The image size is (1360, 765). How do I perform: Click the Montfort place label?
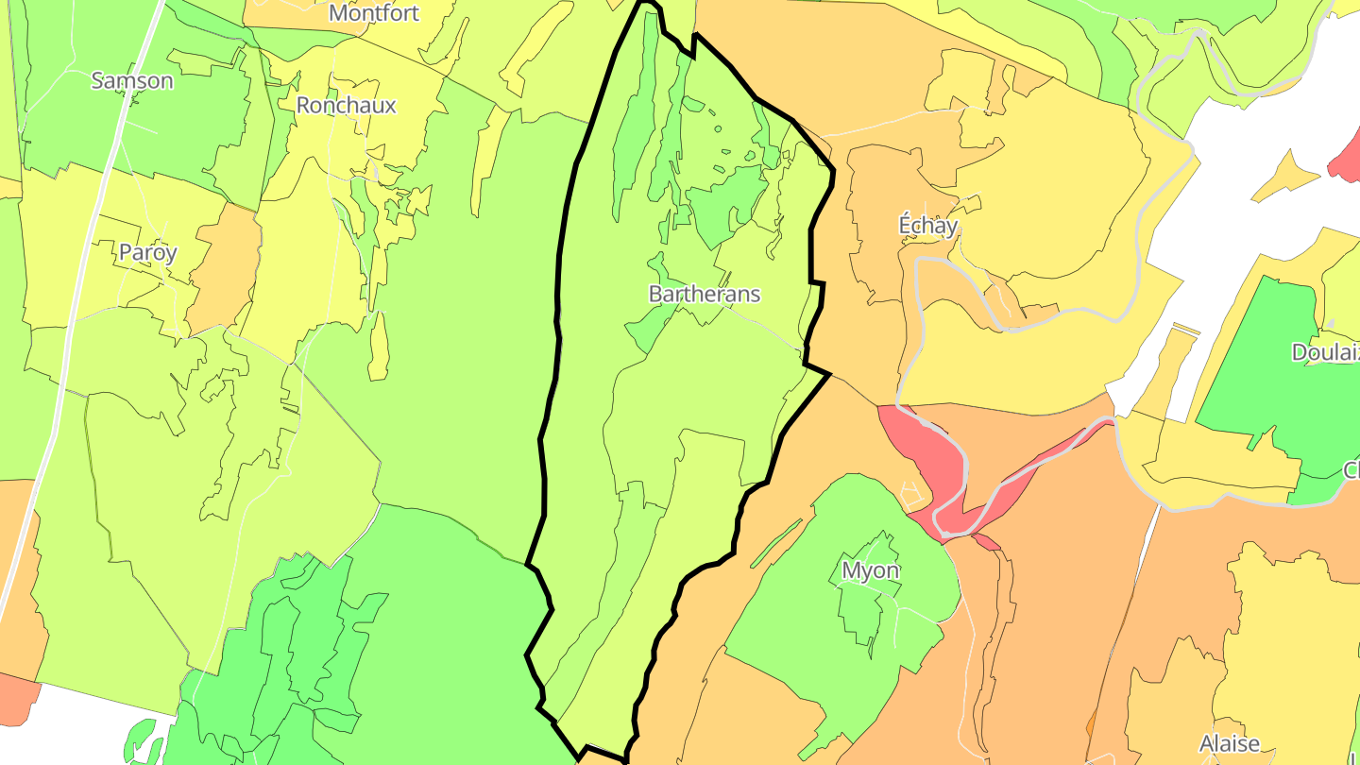[374, 13]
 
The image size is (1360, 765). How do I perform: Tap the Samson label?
[132, 80]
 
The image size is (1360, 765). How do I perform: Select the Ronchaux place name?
[346, 105]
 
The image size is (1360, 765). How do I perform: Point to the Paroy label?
[148, 252]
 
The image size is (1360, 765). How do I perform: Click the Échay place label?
[927, 226]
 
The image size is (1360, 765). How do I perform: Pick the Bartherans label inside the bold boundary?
[704, 294]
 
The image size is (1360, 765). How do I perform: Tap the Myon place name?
[870, 570]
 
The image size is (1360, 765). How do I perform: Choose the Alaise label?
[1229, 743]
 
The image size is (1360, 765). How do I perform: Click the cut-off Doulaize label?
[1325, 352]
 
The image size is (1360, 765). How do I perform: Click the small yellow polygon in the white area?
[1284, 175]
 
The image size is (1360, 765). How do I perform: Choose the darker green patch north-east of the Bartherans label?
[727, 198]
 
